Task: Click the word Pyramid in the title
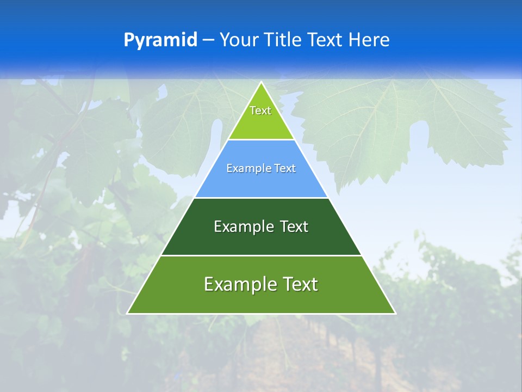pyautogui.click(x=160, y=40)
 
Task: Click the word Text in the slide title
pyautogui.click(x=326, y=40)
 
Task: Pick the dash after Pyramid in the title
pyautogui.click(x=208, y=40)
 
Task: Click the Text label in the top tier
pyautogui.click(x=260, y=111)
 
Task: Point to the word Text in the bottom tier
pyautogui.click(x=300, y=284)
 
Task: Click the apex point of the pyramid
pyautogui.click(x=262, y=83)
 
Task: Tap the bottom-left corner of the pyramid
pyautogui.click(x=128, y=313)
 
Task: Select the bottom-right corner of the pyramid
pyautogui.click(x=395, y=313)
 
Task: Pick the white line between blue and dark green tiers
pyautogui.click(x=261, y=198)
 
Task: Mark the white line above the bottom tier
pyautogui.click(x=261, y=255)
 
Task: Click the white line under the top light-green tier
pyautogui.click(x=261, y=140)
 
